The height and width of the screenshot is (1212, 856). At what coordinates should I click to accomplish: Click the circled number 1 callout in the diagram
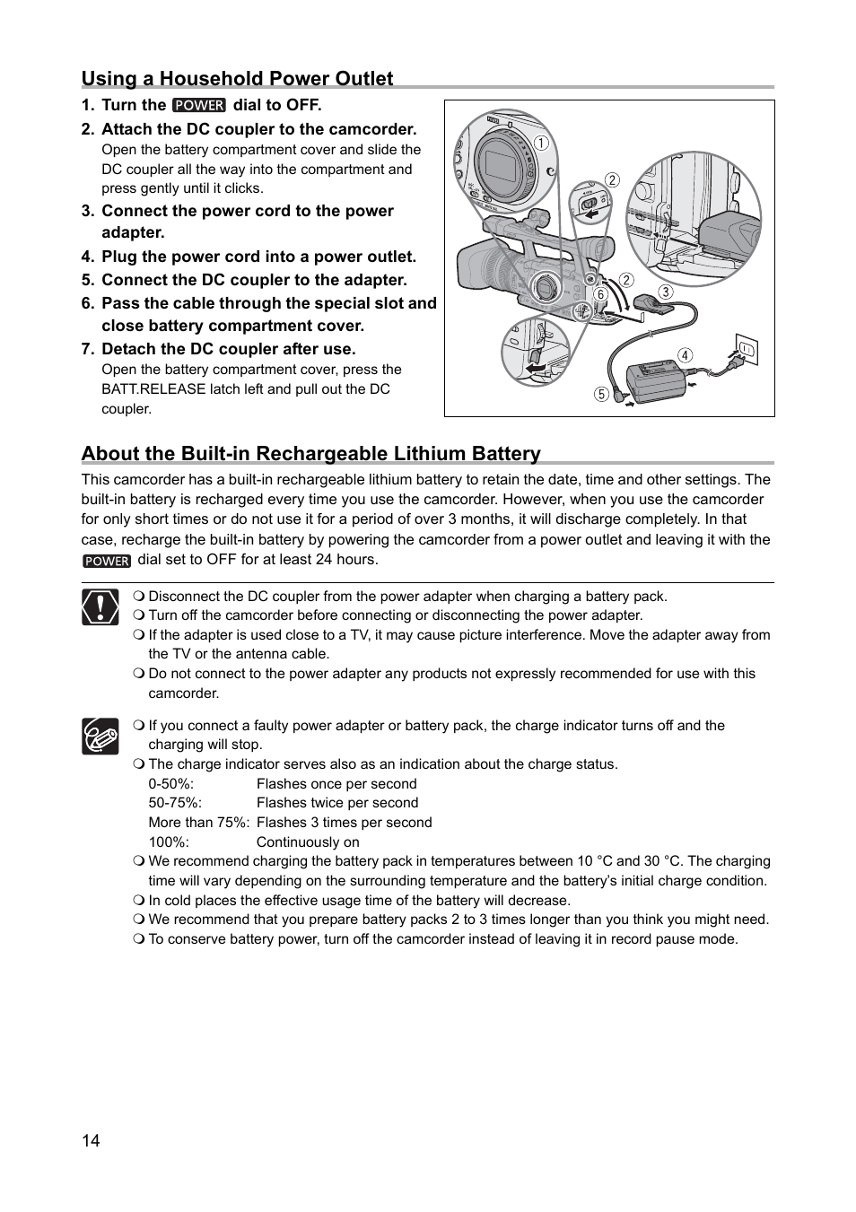click(x=542, y=143)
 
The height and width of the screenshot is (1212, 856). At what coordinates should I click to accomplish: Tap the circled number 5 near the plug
click(x=601, y=394)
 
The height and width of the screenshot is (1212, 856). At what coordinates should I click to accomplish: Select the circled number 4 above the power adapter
click(x=686, y=355)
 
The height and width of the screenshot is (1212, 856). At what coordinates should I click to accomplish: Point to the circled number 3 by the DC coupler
click(x=665, y=292)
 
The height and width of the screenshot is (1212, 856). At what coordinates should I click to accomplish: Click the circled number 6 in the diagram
click(x=600, y=294)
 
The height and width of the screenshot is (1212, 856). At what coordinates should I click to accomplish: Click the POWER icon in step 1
click(x=199, y=105)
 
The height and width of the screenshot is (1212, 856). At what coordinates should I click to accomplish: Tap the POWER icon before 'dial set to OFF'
click(x=107, y=561)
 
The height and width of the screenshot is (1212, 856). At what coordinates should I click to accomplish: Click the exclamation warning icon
click(x=100, y=607)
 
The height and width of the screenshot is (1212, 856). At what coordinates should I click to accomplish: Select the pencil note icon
click(x=100, y=737)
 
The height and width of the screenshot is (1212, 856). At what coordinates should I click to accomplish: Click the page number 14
click(x=91, y=1140)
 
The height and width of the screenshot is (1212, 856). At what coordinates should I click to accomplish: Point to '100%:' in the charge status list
click(x=167, y=841)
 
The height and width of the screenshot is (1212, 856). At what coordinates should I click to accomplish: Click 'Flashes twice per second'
click(x=337, y=803)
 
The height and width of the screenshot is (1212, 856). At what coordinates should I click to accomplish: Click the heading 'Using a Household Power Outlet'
click(x=238, y=79)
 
